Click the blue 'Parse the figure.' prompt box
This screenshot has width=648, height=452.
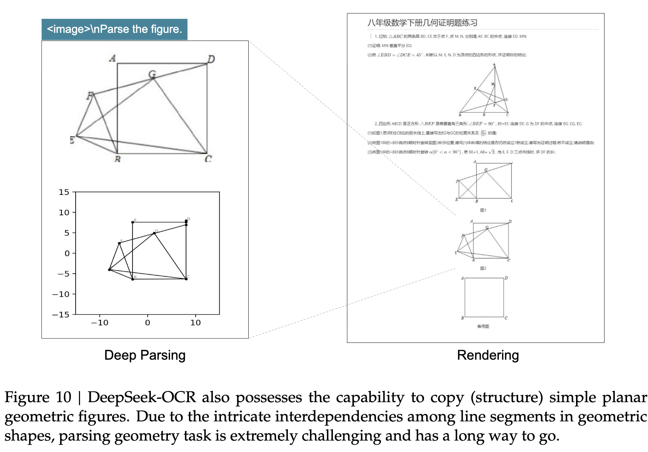pyautogui.click(x=114, y=29)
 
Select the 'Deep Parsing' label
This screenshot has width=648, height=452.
pyautogui.click(x=145, y=355)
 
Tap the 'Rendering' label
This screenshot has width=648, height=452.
pyautogui.click(x=488, y=355)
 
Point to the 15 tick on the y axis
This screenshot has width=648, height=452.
pyautogui.click(x=64, y=192)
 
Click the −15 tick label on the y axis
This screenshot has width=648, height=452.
pyautogui.click(x=61, y=315)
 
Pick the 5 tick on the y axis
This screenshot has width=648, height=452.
pyautogui.click(x=67, y=233)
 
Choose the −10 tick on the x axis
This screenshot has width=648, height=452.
pyautogui.click(x=100, y=323)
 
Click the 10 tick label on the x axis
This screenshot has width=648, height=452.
pyautogui.click(x=196, y=323)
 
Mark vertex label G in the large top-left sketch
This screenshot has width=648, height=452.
pyautogui.click(x=152, y=74)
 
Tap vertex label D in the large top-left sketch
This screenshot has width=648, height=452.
pyautogui.click(x=211, y=59)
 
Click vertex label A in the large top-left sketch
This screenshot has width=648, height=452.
pyautogui.click(x=113, y=58)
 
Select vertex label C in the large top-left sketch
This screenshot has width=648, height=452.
pyautogui.click(x=208, y=159)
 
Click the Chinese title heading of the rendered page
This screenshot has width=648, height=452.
pyautogui.click(x=423, y=23)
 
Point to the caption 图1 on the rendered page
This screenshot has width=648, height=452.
pyautogui.click(x=483, y=210)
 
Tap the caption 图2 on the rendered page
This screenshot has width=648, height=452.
pyautogui.click(x=483, y=268)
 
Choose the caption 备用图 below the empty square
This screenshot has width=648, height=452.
pyautogui.click(x=483, y=326)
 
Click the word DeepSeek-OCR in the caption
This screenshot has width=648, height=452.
pyautogui.click(x=142, y=397)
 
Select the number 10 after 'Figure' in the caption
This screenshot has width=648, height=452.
pyautogui.click(x=63, y=397)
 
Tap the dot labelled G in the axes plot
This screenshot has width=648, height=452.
pyautogui.click(x=154, y=233)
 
